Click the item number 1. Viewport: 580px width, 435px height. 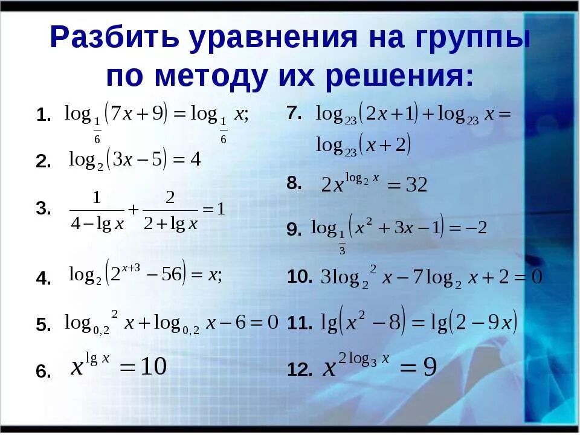pos(43,115)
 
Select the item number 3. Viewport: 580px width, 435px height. pos(43,209)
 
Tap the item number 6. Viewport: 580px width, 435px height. pos(43,372)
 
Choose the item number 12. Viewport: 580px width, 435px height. pos(300,370)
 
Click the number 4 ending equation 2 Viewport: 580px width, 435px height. pos(195,159)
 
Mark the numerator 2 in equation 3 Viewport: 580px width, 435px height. pos(170,198)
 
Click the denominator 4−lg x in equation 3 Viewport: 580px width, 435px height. pos(97,224)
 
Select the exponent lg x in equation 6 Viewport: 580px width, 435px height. pos(97,358)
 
